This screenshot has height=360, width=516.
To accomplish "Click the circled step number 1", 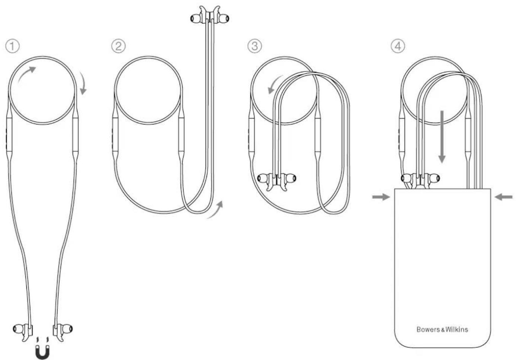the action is pyautogui.click(x=12, y=46).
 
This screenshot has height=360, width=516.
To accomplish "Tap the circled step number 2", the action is pyautogui.click(x=119, y=46).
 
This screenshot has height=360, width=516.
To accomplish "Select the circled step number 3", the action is pyautogui.click(x=254, y=46).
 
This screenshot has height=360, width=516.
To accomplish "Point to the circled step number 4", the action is pyautogui.click(x=398, y=46).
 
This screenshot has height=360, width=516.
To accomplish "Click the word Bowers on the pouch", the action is pyautogui.click(x=429, y=329).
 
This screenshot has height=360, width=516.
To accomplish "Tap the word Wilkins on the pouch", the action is pyautogui.click(x=457, y=329).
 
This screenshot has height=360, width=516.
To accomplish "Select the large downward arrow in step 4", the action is pyautogui.click(x=442, y=137).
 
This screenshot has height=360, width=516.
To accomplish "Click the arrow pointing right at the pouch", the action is pyautogui.click(x=381, y=197).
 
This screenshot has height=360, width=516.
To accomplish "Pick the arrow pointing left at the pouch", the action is pyautogui.click(x=504, y=197).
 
